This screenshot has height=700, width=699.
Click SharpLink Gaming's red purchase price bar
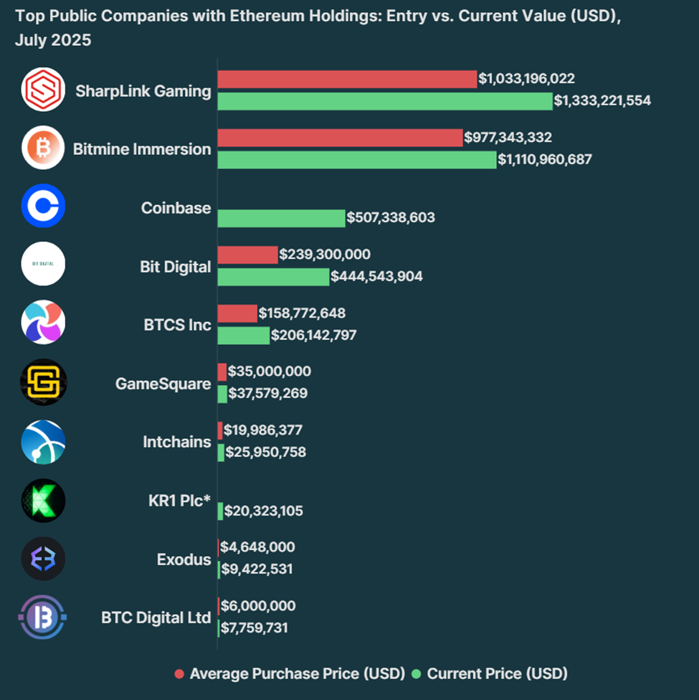pyautogui.click(x=347, y=79)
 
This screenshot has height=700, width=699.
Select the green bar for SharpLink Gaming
pyautogui.click(x=385, y=101)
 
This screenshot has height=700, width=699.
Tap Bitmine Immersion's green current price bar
pyautogui.click(x=356, y=159)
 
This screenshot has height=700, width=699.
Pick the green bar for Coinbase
pyautogui.click(x=281, y=217)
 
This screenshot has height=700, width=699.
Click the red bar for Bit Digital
pyautogui.click(x=247, y=255)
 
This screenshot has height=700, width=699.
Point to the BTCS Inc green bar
pyautogui.click(x=244, y=335)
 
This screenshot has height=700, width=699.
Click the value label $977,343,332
pyautogui.click(x=508, y=137)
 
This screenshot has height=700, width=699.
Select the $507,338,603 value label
pyautogui.click(x=391, y=217)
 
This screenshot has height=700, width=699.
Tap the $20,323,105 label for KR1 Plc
pyautogui.click(x=264, y=511)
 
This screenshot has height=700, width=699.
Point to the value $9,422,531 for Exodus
pyautogui.click(x=257, y=569)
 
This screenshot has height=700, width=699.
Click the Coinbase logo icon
pyautogui.click(x=43, y=206)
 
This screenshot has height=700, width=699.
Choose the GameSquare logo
pyautogui.click(x=43, y=382)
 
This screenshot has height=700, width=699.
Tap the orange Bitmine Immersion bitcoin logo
pyautogui.click(x=43, y=148)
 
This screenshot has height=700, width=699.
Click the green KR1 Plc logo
pyautogui.click(x=43, y=501)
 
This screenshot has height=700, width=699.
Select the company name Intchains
pyautogui.click(x=177, y=442)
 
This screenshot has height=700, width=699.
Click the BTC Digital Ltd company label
pyautogui.click(x=156, y=618)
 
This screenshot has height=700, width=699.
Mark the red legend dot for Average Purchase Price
pyautogui.click(x=179, y=674)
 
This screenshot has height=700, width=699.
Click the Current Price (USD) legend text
pyautogui.click(x=497, y=674)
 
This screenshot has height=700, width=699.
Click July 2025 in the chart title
pyautogui.click(x=53, y=41)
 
